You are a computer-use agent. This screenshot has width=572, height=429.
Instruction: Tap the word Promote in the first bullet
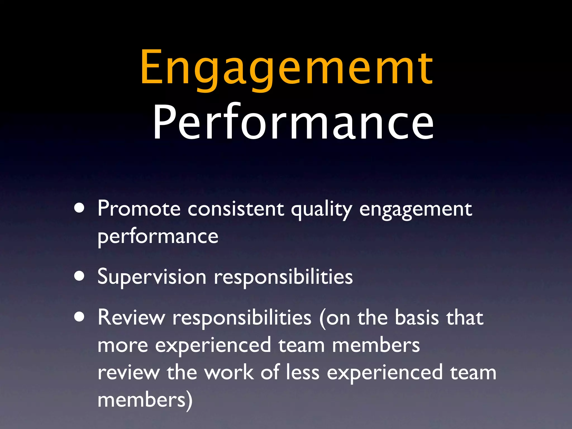(139, 209)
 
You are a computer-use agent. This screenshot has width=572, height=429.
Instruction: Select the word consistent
(236, 209)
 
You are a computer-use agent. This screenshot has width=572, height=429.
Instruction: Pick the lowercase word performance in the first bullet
(158, 237)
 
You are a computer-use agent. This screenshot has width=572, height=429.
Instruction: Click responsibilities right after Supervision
(283, 277)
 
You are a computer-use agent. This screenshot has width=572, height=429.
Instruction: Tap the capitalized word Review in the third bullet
(131, 318)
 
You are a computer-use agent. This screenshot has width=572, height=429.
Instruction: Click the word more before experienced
(123, 345)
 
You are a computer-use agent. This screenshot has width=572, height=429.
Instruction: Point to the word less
(303, 373)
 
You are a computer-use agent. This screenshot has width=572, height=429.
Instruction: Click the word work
(229, 373)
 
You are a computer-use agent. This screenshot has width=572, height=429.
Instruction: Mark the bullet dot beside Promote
(80, 208)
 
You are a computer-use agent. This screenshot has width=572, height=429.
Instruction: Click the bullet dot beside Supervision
(80, 276)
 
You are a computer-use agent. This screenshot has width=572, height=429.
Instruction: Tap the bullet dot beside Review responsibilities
(80, 317)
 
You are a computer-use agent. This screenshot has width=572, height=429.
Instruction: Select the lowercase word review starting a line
(128, 373)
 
